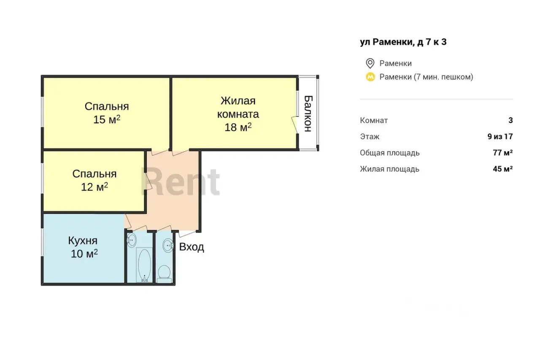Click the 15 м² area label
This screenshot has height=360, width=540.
click(x=107, y=119)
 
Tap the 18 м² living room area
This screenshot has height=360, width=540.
click(x=238, y=127)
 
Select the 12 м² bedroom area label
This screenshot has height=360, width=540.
click(x=94, y=187)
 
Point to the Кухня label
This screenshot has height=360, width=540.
click(x=83, y=241)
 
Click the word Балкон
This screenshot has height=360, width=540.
click(x=308, y=114)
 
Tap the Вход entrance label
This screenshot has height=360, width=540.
click(x=192, y=246)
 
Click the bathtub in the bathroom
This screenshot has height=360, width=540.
click(x=144, y=265)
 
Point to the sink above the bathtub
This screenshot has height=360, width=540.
click(x=131, y=240)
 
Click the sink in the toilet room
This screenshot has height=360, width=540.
click(x=168, y=246)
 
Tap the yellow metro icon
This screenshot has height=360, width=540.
click(x=370, y=77)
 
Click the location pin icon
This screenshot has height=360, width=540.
click(x=370, y=63)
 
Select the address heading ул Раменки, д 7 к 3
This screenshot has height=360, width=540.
click(x=403, y=42)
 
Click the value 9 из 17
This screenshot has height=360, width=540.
click(x=500, y=136)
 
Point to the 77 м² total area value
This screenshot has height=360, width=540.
click(x=502, y=153)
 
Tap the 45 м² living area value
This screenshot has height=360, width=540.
click(x=502, y=169)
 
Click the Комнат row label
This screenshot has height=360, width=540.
click(x=374, y=120)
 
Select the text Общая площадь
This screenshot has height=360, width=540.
click(x=390, y=153)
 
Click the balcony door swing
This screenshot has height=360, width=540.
click(x=295, y=124)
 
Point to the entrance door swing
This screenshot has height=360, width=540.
click(x=187, y=233)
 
